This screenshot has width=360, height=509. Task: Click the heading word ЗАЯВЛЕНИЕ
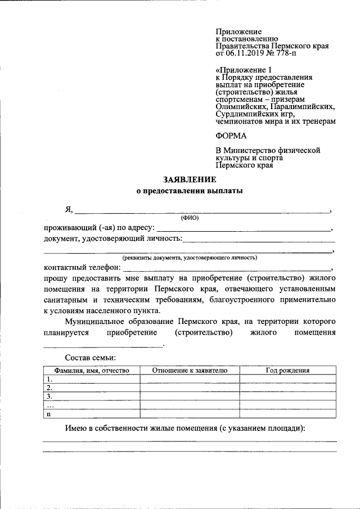click(190, 179)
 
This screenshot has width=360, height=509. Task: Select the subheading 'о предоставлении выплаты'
click(190, 191)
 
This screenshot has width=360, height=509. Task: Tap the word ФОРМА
click(231, 136)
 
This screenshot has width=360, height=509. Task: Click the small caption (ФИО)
click(190, 218)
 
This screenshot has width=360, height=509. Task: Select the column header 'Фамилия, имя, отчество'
click(92, 371)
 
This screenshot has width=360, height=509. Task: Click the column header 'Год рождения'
click(287, 371)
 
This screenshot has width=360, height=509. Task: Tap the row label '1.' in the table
click(49, 379)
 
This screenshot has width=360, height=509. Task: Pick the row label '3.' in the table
click(49, 397)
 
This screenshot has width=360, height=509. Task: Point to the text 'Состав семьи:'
click(91, 357)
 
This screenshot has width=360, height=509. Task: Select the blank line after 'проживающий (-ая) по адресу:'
click(243, 229)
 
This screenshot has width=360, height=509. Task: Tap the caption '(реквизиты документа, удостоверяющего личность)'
click(190, 257)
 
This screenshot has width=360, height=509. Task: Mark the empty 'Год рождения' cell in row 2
click(287, 388)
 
